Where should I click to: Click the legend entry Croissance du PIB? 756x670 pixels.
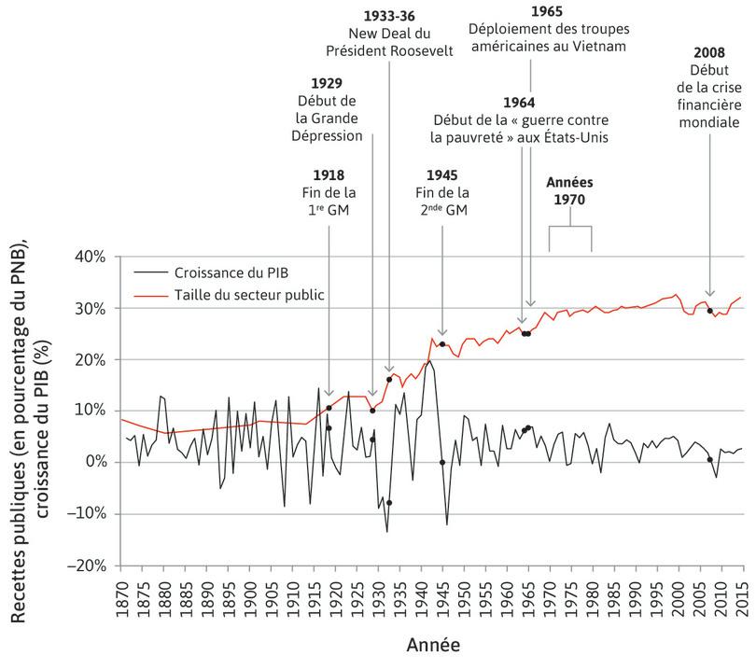(231, 274)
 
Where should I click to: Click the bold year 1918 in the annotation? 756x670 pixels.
(329, 174)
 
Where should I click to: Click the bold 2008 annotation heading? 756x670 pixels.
(709, 51)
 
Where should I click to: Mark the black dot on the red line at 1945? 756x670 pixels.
(442, 343)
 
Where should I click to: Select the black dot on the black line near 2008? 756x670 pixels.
(709, 459)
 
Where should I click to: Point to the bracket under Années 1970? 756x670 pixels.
(569, 229)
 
